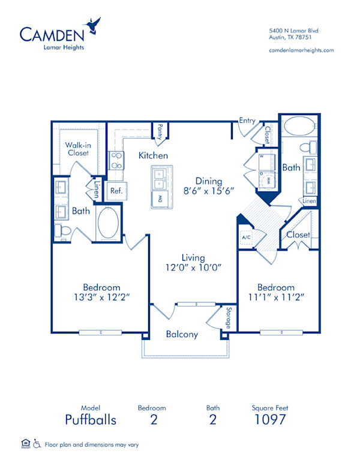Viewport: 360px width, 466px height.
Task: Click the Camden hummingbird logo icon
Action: coord(94,25)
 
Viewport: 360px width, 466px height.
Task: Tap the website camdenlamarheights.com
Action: coord(301,50)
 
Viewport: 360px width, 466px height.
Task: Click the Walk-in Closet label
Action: coord(77,149)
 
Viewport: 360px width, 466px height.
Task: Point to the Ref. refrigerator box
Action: coord(115,191)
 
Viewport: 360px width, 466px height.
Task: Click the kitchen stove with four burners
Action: coord(116,161)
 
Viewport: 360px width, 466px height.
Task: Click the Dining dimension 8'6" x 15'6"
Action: coord(208,191)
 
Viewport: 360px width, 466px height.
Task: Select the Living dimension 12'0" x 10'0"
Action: coord(199,267)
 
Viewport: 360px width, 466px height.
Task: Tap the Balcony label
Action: coord(182,335)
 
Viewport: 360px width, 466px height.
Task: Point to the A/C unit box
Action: coord(245,237)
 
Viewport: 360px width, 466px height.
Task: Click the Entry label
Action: coord(247,121)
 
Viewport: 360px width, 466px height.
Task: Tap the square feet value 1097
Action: coord(269,419)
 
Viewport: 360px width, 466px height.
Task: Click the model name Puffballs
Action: coord(91,419)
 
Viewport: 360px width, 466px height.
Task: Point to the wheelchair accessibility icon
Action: coord(37,444)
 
